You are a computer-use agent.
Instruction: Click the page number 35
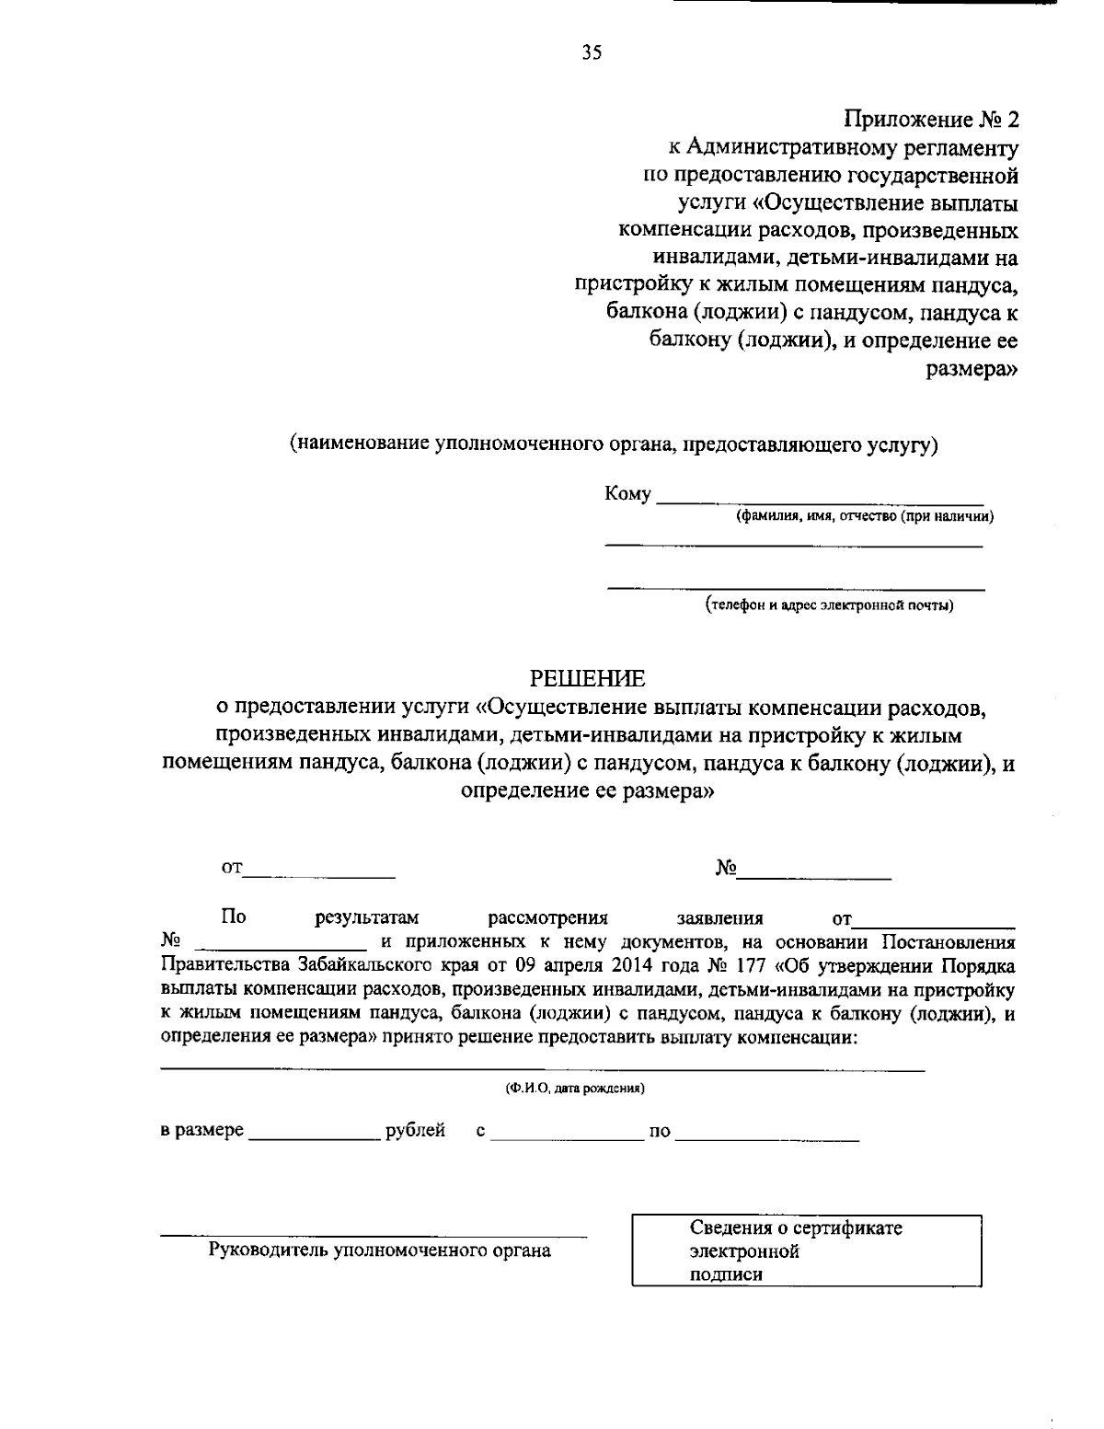pos(592,53)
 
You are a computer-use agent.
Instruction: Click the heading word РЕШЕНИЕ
pos(588,679)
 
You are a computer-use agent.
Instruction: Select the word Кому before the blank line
pos(627,494)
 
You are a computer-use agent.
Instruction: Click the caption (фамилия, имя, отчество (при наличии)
pos(863,517)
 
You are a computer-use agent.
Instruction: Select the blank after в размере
pos(315,1135)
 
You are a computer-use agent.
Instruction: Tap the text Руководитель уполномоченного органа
pos(381,1250)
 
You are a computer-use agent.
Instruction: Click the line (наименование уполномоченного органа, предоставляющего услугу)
pos(614,444)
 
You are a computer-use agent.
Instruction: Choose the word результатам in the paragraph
pos(367,918)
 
